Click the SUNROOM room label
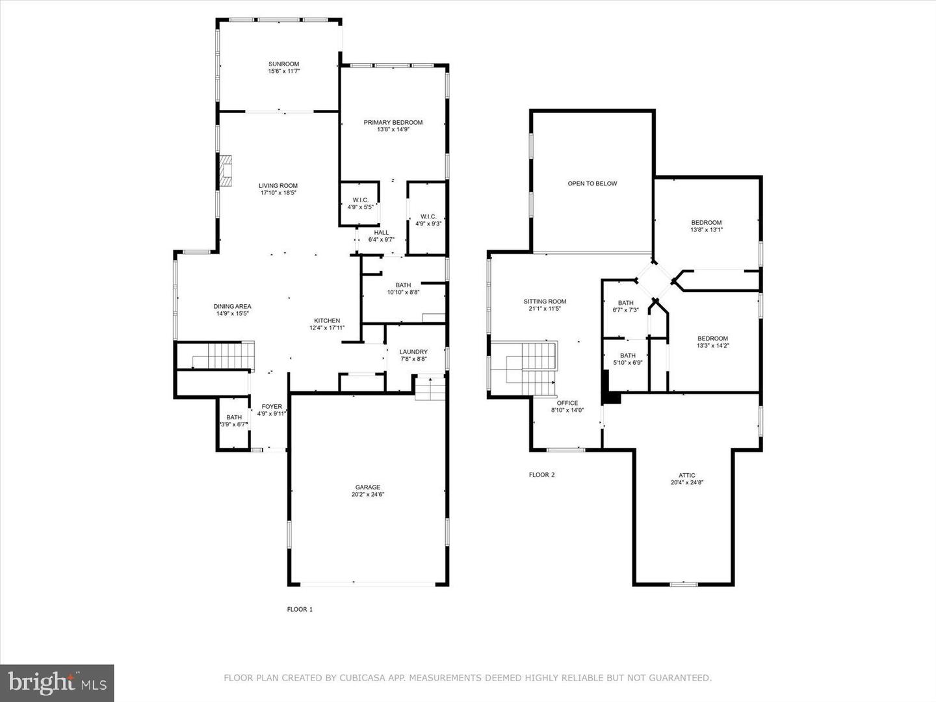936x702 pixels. coord(283,64)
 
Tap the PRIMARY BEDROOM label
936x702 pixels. coord(393,122)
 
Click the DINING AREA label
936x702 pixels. coord(232,306)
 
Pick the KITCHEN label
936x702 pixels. coord(327,320)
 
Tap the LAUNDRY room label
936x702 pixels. coord(413,352)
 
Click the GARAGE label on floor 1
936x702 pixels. coord(367,487)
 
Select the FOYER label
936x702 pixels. coord(272,406)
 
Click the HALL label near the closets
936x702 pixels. coord(381,232)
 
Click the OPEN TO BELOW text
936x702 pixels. coord(592,183)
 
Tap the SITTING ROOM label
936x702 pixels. coord(545,301)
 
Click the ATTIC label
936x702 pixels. coord(687,475)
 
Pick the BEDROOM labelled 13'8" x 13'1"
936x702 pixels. coord(706,222)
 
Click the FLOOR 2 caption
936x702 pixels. coord(541,474)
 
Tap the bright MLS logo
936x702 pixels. coord(57,682)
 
